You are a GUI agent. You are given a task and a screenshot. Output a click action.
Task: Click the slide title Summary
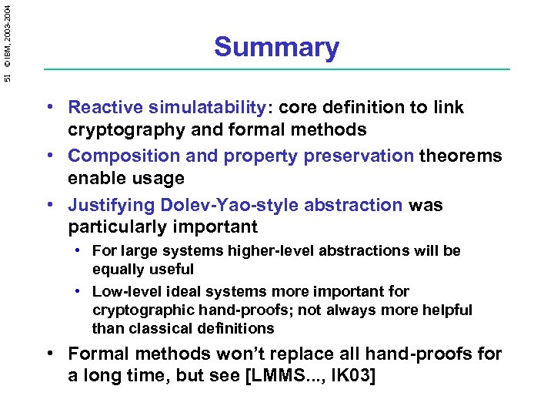276,47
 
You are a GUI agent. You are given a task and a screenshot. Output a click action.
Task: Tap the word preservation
356,156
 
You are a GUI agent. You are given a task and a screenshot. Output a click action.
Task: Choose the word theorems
460,156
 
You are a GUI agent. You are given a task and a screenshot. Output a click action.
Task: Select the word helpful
446,310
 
